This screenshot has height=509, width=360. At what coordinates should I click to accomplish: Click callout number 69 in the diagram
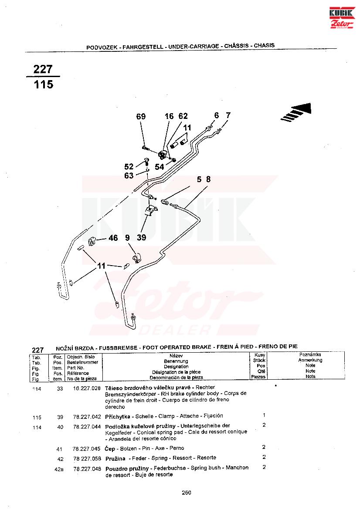141,117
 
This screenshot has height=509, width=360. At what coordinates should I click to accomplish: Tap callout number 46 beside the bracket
113,238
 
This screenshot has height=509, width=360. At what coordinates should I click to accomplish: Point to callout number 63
129,176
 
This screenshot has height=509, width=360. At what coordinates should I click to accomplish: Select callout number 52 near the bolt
129,167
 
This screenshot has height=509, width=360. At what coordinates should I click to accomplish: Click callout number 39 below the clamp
141,238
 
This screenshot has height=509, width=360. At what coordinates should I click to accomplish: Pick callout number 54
160,167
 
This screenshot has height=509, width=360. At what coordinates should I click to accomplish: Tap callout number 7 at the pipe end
228,115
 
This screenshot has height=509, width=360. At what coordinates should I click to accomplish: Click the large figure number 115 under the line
44,84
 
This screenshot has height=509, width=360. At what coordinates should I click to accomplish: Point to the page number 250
186,492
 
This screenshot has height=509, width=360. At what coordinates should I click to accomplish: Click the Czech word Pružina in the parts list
115,458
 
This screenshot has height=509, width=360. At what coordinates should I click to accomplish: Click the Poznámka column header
310,355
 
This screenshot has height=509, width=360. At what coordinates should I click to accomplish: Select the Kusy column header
260,355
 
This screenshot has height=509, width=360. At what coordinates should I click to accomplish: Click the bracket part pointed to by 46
93,240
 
